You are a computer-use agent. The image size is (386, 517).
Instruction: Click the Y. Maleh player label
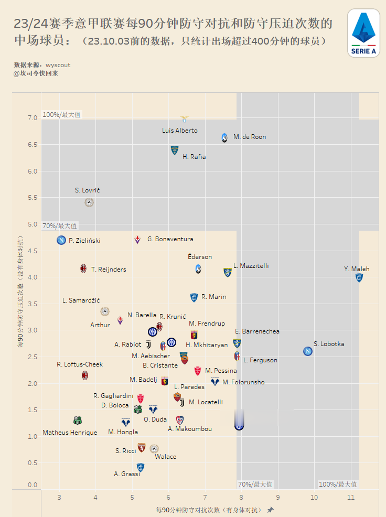(357, 269)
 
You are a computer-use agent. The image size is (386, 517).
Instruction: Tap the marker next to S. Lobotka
(308, 351)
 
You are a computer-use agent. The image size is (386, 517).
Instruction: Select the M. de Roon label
(250, 137)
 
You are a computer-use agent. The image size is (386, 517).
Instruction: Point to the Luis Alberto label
(180, 130)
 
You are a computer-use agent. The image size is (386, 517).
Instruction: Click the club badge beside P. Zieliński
(61, 240)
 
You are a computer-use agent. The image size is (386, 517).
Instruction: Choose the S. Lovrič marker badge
(89, 202)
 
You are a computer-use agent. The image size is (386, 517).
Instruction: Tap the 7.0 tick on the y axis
(33, 118)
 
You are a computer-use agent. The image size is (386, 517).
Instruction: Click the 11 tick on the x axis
(350, 497)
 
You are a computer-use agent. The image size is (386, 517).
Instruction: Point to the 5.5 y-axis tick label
(33, 198)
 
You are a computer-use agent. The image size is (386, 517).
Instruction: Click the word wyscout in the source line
(58, 65)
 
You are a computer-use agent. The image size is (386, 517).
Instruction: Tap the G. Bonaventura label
(170, 239)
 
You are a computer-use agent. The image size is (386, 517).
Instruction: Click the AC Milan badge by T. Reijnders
(83, 268)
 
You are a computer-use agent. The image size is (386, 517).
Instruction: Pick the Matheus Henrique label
(70, 433)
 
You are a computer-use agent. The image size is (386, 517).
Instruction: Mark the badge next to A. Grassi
(140, 467)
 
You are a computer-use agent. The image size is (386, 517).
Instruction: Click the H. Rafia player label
(194, 156)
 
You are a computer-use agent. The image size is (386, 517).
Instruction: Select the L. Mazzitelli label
(251, 266)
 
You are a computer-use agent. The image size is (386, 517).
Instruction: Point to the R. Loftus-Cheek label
(80, 364)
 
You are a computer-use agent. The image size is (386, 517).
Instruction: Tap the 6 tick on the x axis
(168, 497)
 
